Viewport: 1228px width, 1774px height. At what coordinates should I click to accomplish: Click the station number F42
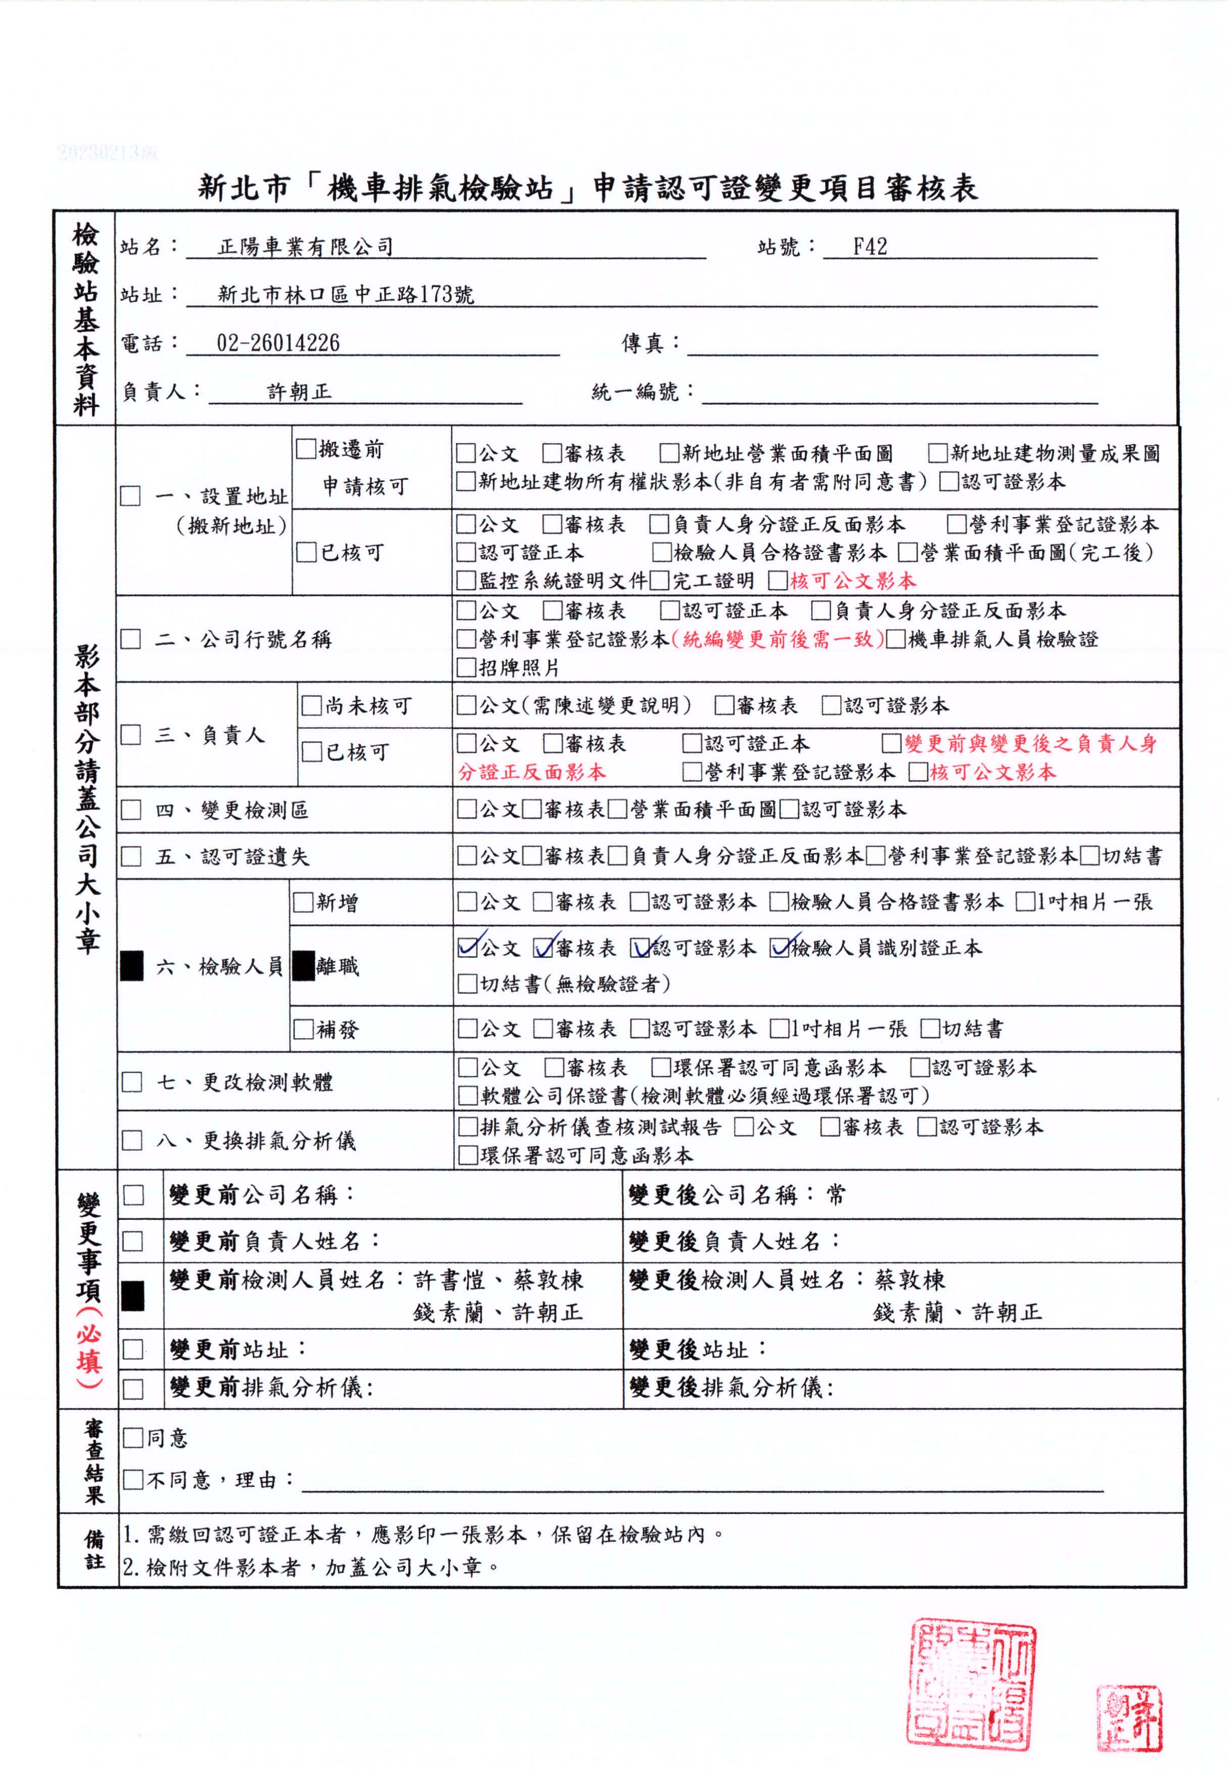[x=870, y=247]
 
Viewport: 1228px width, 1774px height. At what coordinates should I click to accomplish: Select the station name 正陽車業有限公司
[x=305, y=247]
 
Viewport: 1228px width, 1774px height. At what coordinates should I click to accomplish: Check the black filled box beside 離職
[x=304, y=966]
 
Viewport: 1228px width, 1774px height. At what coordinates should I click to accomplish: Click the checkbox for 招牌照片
[x=466, y=667]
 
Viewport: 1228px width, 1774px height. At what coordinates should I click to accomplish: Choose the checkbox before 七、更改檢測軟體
[x=132, y=1082]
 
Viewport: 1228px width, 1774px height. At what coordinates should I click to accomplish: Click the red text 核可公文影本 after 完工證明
[x=852, y=581]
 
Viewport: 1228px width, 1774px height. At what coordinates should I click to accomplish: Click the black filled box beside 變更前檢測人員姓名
[x=133, y=1296]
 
